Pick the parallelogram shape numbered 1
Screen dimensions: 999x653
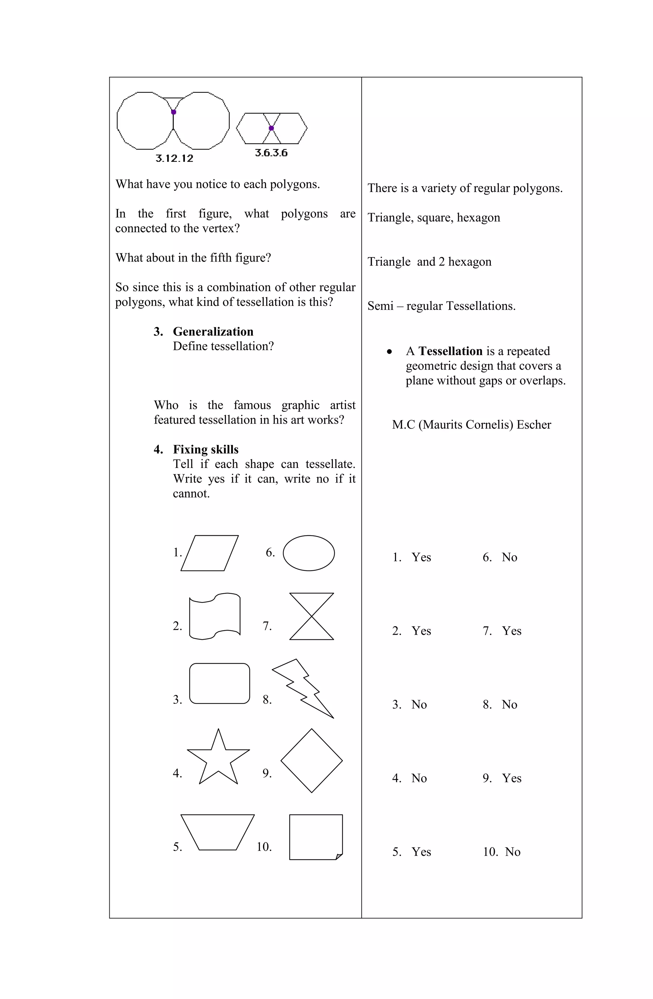[x=209, y=553]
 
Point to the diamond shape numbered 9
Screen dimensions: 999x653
[x=312, y=761]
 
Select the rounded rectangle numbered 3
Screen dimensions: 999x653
[x=219, y=683]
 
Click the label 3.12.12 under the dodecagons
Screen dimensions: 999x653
[x=174, y=158]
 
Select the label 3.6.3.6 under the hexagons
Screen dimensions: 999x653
[x=271, y=153]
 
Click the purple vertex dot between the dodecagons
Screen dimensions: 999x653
[x=173, y=112]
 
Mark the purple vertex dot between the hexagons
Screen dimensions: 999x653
[x=271, y=128]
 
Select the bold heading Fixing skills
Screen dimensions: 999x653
[x=206, y=449]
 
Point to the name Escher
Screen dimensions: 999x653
[x=534, y=425]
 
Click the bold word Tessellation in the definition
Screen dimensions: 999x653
[x=450, y=351]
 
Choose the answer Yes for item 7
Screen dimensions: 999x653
[x=511, y=631]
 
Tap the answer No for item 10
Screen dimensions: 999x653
[x=512, y=852]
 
